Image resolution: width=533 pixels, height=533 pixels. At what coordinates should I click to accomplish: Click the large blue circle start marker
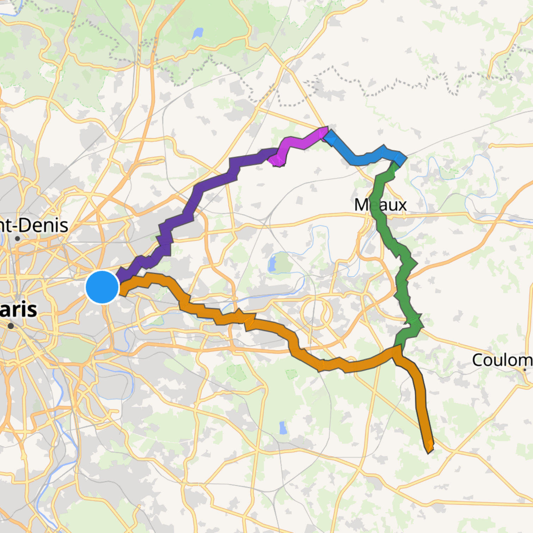pyautogui.click(x=102, y=287)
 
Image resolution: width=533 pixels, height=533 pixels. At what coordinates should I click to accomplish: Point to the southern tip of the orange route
pyautogui.click(x=429, y=449)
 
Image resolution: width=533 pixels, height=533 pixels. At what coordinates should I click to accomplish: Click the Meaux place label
pyautogui.click(x=380, y=205)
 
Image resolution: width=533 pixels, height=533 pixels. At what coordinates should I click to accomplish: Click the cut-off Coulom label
pyautogui.click(x=502, y=360)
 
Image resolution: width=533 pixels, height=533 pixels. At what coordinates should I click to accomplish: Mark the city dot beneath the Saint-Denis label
pyautogui.click(x=17, y=239)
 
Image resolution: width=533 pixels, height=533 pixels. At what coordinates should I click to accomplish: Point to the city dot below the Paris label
pyautogui.click(x=11, y=326)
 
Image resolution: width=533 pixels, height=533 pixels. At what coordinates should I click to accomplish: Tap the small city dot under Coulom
pyautogui.click(x=525, y=369)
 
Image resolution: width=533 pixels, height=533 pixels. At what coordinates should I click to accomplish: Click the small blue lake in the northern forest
pyautogui.click(x=197, y=33)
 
